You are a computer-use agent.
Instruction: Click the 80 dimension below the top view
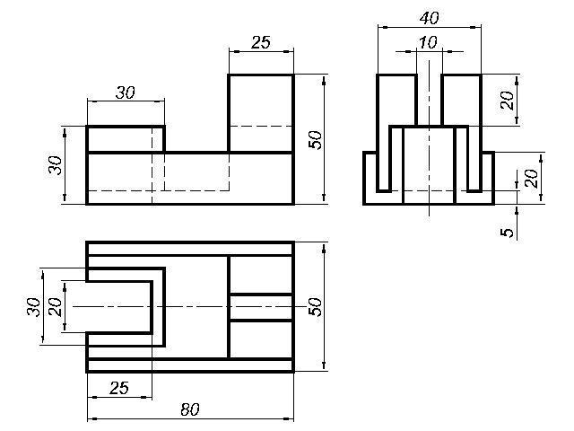[189, 409]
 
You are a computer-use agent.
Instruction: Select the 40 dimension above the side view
[429, 18]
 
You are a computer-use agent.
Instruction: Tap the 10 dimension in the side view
[429, 42]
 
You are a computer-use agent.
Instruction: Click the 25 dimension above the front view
[260, 42]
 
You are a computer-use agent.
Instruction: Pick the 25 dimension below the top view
[118, 388]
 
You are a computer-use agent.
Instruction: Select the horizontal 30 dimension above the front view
[125, 92]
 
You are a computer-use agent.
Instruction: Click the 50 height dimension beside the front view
[314, 139]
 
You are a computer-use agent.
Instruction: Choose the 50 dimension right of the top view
[314, 305]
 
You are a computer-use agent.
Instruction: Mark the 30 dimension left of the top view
[34, 306]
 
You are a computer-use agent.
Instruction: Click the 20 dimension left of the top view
[56, 306]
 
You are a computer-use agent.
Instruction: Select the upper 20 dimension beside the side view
[508, 101]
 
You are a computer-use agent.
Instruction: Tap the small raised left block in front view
[125, 139]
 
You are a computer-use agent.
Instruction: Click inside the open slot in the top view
[117, 306]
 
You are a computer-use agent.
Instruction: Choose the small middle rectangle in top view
[261, 306]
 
